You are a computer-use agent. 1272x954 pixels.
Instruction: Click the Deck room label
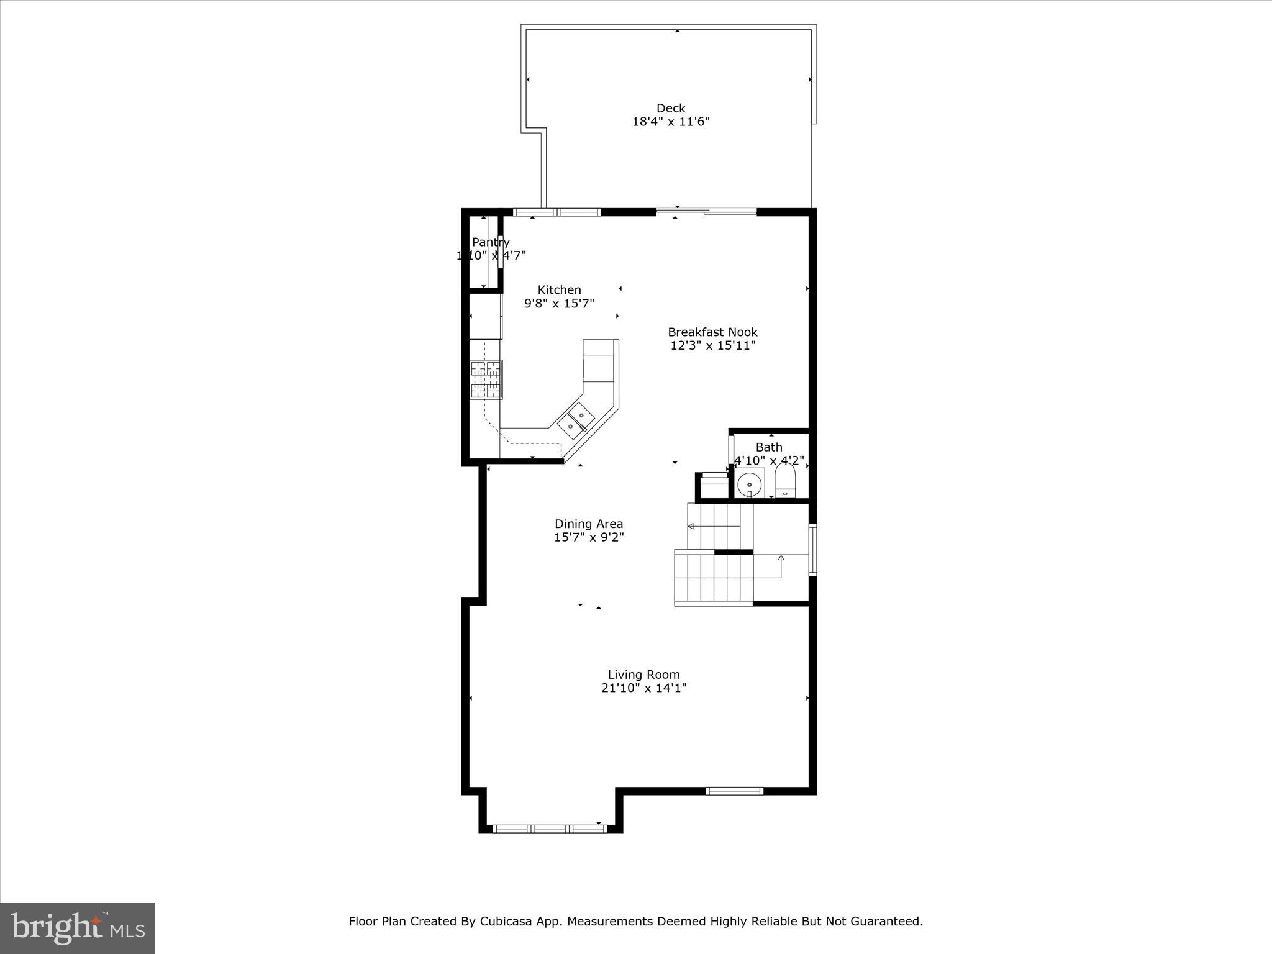(x=671, y=108)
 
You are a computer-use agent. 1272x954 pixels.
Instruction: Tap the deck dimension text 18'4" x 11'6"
(x=671, y=122)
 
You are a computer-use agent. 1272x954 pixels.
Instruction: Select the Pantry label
(x=491, y=242)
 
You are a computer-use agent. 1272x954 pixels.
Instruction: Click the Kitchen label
(x=559, y=289)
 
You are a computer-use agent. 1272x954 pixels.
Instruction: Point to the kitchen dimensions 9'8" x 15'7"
(x=559, y=304)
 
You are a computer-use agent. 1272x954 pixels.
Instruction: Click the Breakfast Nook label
(x=712, y=332)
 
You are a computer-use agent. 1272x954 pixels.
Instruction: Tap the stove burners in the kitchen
(x=486, y=379)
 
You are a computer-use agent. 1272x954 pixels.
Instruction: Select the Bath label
(x=769, y=447)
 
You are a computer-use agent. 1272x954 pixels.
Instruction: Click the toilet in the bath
(x=785, y=481)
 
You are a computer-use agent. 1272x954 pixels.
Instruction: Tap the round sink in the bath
(x=750, y=483)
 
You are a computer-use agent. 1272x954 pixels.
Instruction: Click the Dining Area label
(x=589, y=524)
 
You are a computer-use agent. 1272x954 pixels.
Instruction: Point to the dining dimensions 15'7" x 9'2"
(x=589, y=537)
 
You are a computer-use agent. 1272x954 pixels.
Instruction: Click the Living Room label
(x=643, y=675)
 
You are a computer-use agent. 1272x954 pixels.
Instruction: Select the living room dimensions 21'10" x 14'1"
(x=643, y=688)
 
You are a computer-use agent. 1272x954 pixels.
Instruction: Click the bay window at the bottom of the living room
(x=550, y=828)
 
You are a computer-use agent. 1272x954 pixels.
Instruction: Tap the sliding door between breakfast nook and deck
(x=707, y=212)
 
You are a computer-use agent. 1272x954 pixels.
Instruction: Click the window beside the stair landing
(x=812, y=550)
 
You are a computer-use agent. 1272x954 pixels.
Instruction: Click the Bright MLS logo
(x=78, y=928)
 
